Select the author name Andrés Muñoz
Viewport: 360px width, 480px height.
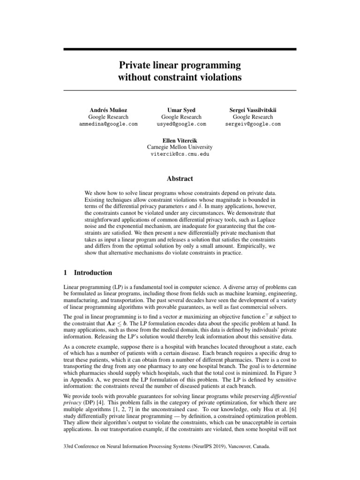tap(108, 110)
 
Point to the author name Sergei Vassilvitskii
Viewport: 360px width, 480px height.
tap(256, 110)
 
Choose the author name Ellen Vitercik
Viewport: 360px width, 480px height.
tap(180, 140)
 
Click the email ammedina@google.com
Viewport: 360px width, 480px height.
tap(108, 124)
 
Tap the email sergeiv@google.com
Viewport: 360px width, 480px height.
tap(256, 124)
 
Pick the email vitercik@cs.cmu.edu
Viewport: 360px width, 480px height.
tap(180, 154)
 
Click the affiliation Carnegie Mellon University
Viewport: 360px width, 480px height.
tap(180, 147)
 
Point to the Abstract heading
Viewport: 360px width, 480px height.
tap(180, 179)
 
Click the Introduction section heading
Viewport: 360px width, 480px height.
tap(92, 273)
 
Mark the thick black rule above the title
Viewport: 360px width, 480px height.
tap(180, 49)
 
